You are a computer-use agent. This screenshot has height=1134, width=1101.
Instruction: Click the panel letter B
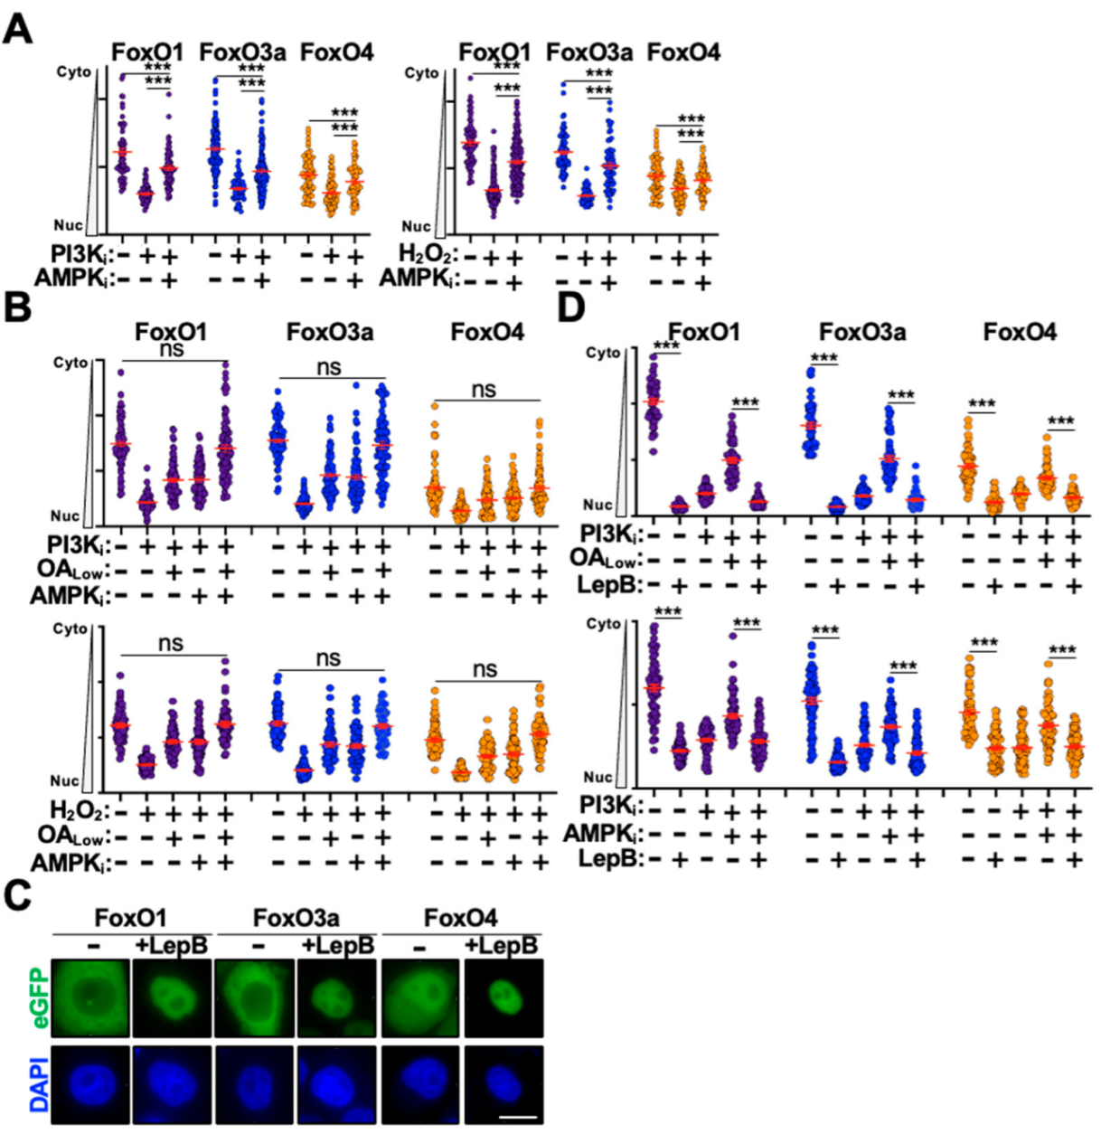point(18,307)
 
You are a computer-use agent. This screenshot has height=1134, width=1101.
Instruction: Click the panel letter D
point(572,307)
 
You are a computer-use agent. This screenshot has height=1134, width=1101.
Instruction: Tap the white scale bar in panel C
point(517,1117)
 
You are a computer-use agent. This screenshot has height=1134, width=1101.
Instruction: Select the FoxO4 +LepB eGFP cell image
point(503,997)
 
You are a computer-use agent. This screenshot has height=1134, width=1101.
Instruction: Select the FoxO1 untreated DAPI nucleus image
point(90,1084)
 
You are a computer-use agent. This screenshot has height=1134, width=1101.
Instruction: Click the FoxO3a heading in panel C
point(296,919)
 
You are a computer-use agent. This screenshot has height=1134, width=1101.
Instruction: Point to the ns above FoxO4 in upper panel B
point(484,390)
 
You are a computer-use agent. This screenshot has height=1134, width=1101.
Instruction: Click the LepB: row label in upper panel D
point(611,585)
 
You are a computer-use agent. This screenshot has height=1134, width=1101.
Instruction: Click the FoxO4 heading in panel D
point(1020,333)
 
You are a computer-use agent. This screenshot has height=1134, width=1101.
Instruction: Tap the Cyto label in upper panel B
point(71,363)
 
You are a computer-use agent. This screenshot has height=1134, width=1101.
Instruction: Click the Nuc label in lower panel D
point(598,777)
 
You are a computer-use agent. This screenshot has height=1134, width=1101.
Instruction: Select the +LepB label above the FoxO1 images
point(171,946)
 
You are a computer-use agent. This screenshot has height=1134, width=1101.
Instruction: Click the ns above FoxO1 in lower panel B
point(170,644)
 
